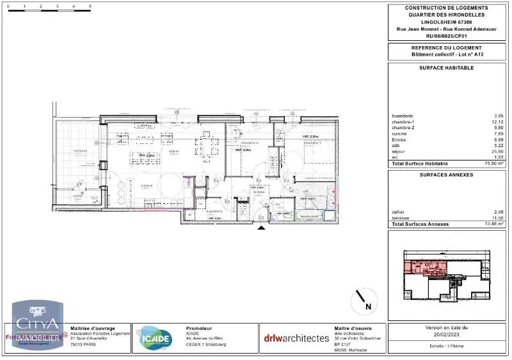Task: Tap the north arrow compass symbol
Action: click(x=362, y=300)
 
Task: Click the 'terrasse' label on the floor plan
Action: click(x=80, y=151)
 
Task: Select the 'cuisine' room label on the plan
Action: click(x=145, y=185)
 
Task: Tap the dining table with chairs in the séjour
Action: click(x=208, y=148)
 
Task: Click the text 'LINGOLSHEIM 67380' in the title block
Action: click(x=446, y=20)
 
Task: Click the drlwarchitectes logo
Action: click(x=296, y=338)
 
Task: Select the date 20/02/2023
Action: click(x=446, y=333)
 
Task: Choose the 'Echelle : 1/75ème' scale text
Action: click(x=446, y=345)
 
